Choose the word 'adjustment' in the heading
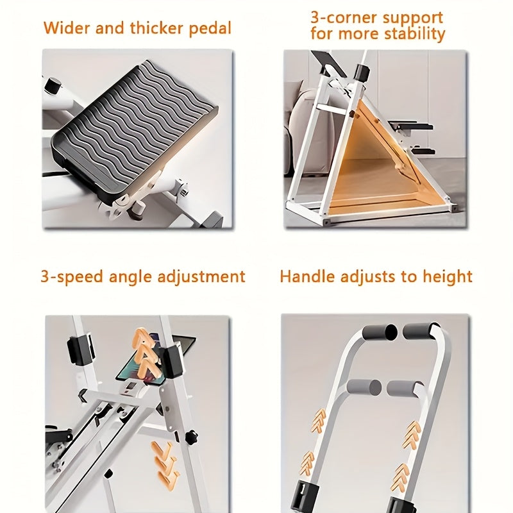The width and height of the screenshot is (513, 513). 201,277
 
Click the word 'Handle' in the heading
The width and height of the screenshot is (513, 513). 308,276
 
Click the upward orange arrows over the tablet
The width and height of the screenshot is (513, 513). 145,353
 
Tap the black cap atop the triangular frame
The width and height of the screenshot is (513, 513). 362,72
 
